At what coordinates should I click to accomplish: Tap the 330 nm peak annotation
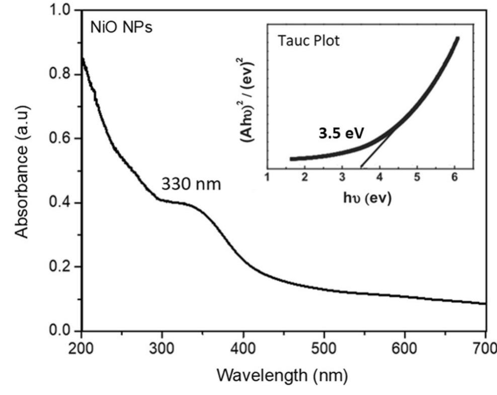coord(191,184)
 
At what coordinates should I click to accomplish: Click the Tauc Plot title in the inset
coord(308,41)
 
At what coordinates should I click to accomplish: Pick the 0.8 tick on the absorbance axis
coord(64,74)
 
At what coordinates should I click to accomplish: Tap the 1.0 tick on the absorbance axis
coord(64,11)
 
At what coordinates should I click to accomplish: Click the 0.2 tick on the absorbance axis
coord(64,267)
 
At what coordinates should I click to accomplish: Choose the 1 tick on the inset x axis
coord(267,177)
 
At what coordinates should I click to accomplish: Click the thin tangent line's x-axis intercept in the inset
coord(360,167)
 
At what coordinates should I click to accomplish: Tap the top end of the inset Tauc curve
coord(457,38)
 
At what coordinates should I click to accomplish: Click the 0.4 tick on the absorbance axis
coord(64,203)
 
